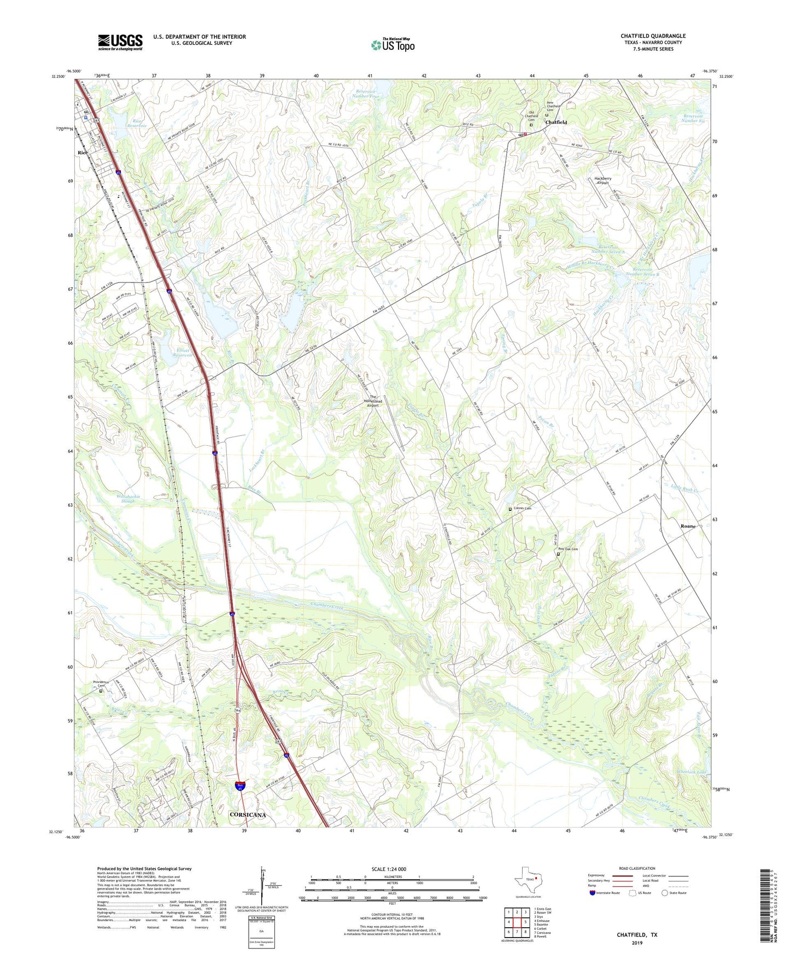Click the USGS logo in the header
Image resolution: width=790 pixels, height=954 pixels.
[x=120, y=42]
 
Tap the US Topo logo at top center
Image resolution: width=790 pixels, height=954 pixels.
[x=393, y=44]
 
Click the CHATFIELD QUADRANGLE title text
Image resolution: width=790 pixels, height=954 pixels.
[x=653, y=36]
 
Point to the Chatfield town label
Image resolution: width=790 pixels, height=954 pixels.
[x=556, y=122]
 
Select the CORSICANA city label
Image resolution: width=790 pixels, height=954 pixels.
[x=248, y=815]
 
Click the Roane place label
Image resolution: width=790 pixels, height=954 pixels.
[x=688, y=526]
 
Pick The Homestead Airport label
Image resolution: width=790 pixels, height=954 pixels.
[x=373, y=402]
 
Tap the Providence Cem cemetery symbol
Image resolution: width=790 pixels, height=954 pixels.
[x=101, y=691]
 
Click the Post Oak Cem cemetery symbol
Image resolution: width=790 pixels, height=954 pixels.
[x=558, y=554]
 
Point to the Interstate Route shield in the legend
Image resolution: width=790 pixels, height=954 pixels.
[x=593, y=893]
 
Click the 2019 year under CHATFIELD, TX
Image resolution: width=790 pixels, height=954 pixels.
[x=637, y=943]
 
